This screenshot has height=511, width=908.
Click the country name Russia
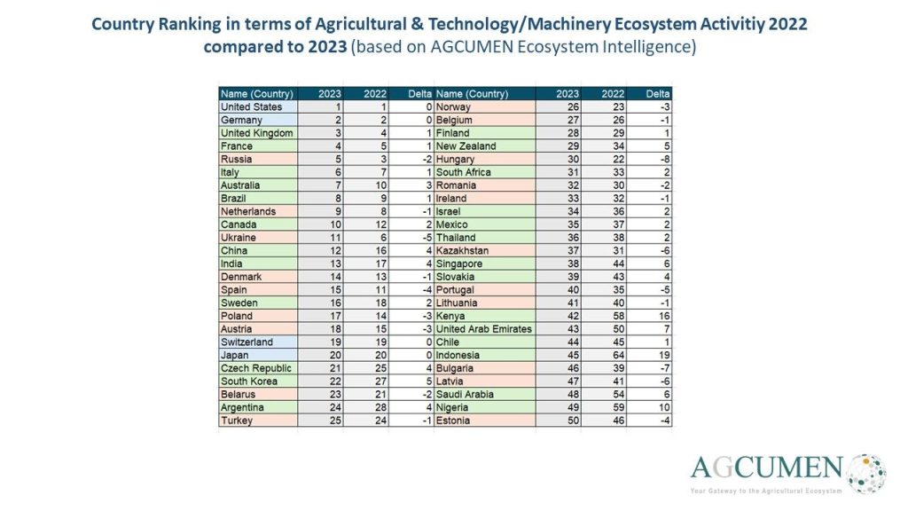237,159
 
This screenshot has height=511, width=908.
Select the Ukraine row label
239,238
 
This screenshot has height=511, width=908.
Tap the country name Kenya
451,316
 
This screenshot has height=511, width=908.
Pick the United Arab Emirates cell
484,329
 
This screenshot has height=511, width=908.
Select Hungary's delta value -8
662,159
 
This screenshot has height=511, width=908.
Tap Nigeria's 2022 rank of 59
612,408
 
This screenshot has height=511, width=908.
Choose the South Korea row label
248,381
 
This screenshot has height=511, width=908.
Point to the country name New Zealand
466,145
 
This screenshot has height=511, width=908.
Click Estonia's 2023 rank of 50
569,421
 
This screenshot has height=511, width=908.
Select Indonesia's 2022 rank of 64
612,356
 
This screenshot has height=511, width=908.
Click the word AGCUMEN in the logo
767,468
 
